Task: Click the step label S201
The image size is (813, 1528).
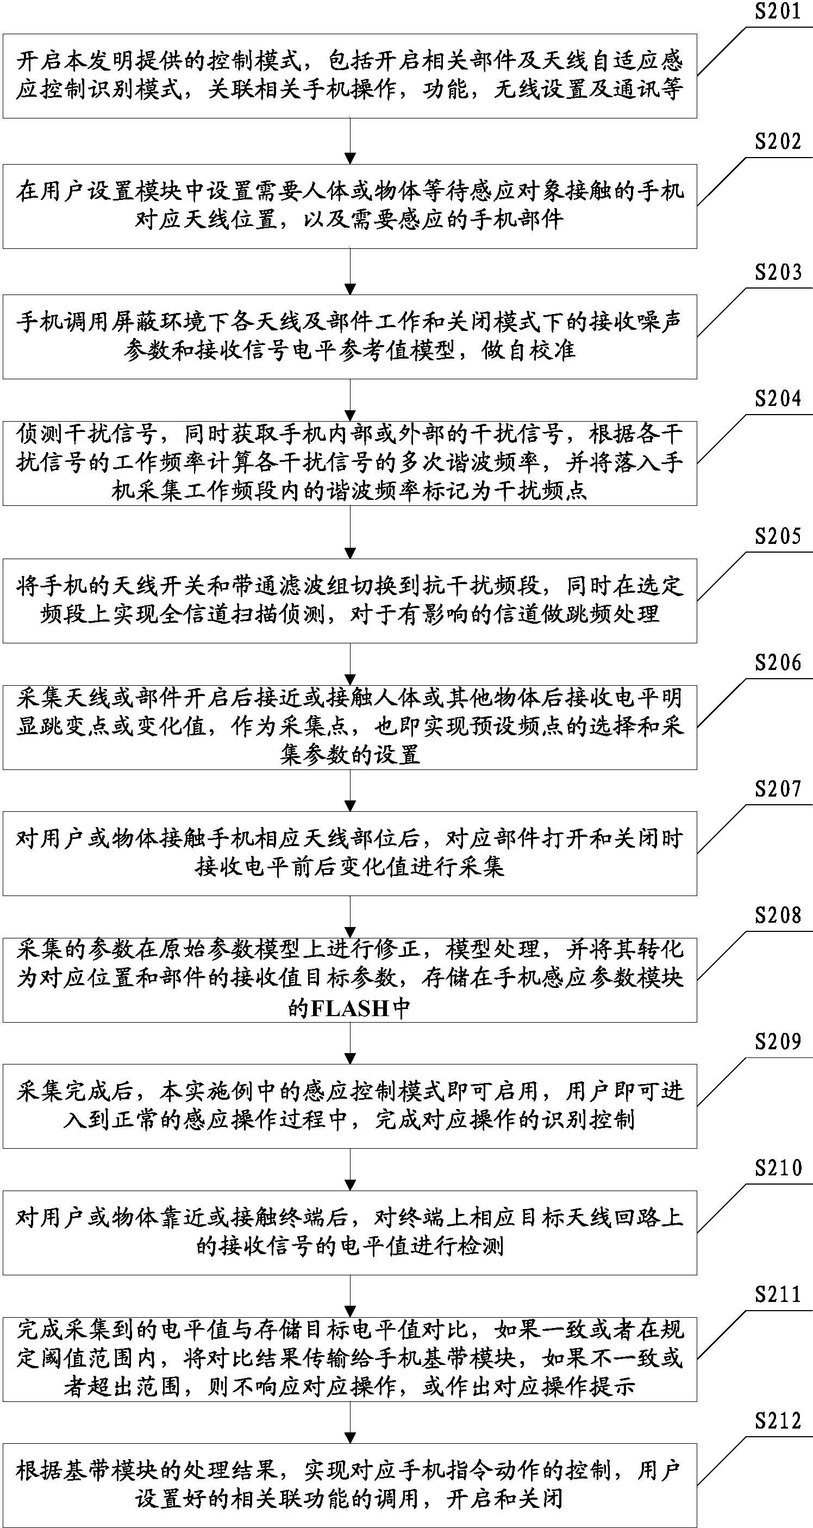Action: coord(777,11)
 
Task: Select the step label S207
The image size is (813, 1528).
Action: coord(777,789)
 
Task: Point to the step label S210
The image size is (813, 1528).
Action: coord(777,1168)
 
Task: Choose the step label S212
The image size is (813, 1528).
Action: coord(777,1420)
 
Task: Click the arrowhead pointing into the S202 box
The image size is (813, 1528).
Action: coord(350,158)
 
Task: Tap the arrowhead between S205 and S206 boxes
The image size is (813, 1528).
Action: coord(350,679)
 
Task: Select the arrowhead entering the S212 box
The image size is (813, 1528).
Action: coord(350,1437)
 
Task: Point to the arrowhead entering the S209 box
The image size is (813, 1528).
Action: coord(350,1058)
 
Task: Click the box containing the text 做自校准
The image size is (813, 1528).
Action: coord(349,336)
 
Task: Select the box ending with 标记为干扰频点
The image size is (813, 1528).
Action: coord(349,464)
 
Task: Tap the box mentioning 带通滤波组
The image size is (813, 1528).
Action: coord(349,600)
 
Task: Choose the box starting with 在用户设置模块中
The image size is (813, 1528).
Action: coord(349,206)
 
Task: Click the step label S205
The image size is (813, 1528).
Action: coord(777,536)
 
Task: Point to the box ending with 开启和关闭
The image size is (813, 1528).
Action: coord(349,1485)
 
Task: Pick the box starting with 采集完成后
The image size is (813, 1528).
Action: coord(349,1106)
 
